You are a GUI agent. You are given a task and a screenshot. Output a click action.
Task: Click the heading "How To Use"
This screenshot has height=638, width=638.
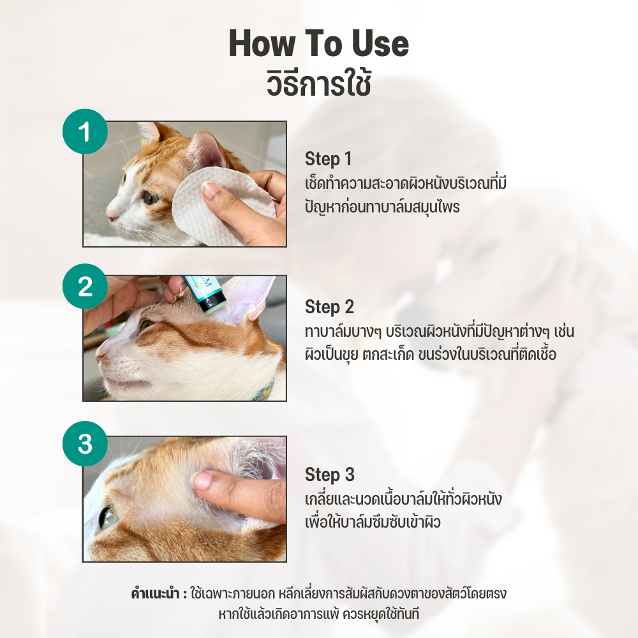318,45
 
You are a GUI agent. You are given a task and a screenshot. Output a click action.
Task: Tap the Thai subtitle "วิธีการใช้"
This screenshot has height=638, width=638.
318,83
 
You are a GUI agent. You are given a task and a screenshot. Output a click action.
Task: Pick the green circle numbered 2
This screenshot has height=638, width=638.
85,286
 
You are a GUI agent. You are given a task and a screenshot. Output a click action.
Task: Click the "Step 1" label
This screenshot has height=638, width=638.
328,159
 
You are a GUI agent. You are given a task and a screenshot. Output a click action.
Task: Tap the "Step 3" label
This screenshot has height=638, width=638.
329,475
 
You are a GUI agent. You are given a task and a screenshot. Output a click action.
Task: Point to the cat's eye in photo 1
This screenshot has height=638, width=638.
151,198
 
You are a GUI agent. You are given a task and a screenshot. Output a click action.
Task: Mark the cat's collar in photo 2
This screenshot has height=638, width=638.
265,389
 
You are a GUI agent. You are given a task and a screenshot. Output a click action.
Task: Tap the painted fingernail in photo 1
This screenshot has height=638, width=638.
210,189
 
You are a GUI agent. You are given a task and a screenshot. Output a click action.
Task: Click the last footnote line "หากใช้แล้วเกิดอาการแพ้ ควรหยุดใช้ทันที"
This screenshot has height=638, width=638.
318,614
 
